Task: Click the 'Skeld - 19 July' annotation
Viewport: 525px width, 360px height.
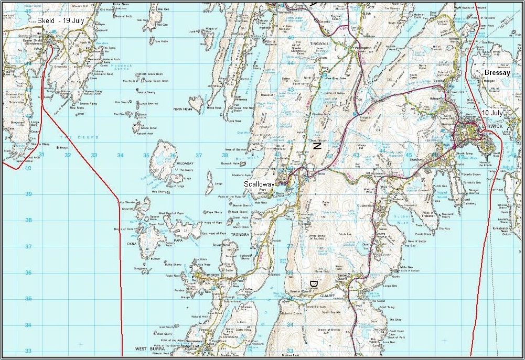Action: tap(61, 20)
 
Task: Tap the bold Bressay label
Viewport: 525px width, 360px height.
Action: tap(497, 73)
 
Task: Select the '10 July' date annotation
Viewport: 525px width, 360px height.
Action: tap(492, 113)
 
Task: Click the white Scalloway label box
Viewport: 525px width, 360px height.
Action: tap(258, 184)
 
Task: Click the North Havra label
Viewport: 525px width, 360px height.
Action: tap(183, 109)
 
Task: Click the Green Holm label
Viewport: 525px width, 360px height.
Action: tap(240, 218)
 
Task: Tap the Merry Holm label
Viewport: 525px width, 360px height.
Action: tap(241, 227)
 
